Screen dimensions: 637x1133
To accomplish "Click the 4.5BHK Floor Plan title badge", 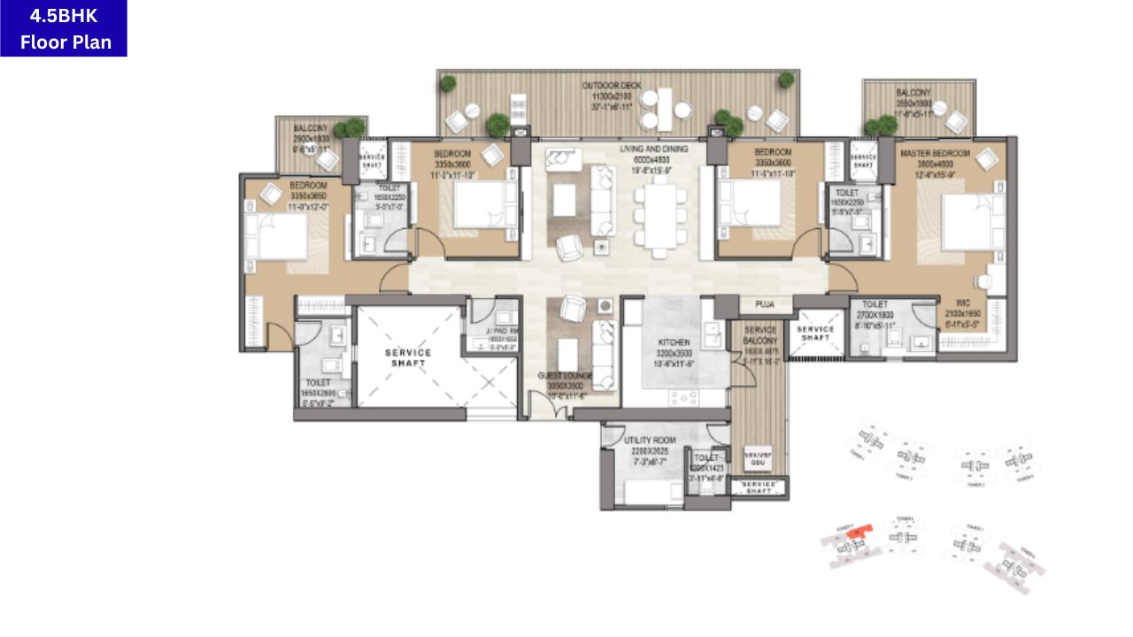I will point(64,28).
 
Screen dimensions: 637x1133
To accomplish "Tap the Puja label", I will point(765,304).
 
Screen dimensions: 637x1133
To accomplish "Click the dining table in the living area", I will point(659,216).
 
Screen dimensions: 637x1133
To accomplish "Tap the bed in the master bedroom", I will point(972,221).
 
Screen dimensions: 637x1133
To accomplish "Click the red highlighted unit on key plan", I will point(854,532).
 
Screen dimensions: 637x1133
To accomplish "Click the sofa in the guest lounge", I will point(604,354).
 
